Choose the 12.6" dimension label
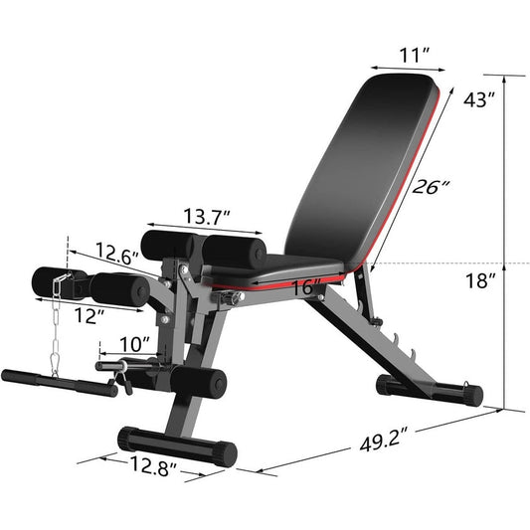click(118, 255)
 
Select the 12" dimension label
click(88, 315)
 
